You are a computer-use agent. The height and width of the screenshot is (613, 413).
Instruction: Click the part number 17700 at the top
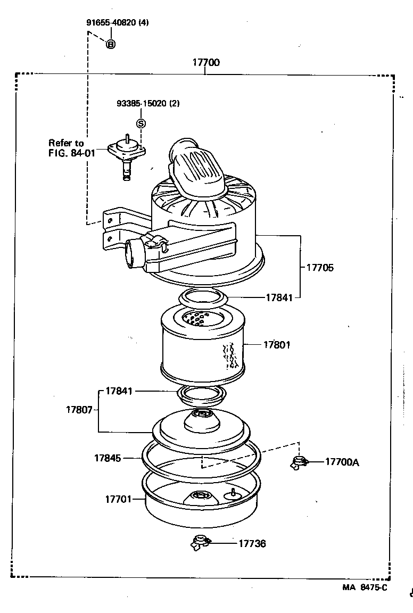point(205,63)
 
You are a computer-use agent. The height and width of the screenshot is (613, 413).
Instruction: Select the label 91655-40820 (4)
point(118,23)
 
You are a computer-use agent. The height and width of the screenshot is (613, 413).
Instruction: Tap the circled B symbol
point(111,45)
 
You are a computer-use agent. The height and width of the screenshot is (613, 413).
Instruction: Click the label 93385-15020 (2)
point(148,104)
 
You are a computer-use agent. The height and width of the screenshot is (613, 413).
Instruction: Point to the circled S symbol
point(141,123)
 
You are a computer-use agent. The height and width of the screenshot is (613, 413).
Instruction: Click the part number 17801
point(277,345)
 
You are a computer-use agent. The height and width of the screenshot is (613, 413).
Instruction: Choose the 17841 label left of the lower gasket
point(119,391)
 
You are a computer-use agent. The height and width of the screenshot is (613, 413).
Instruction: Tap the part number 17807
point(79,410)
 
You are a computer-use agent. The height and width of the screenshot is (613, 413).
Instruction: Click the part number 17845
point(108,458)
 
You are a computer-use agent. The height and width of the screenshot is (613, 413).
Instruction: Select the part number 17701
point(118,499)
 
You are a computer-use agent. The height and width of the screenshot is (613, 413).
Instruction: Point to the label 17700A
point(342,462)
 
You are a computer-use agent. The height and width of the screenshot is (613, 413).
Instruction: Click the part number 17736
point(252,543)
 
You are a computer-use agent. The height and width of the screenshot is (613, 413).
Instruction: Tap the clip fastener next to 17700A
point(298,462)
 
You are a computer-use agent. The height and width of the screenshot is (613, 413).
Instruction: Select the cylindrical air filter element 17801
point(202,345)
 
